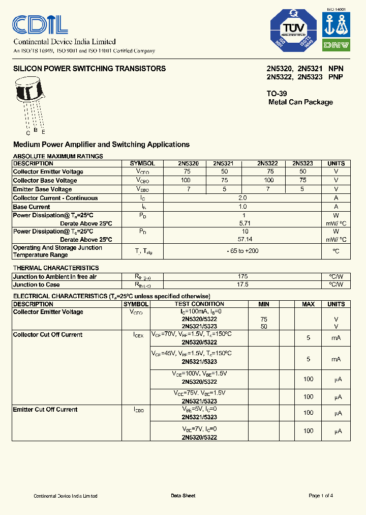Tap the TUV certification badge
point(292,31)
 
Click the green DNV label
point(336,45)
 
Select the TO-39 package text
point(277,94)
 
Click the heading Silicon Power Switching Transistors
point(89,69)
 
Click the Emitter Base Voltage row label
point(42,189)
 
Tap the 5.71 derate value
point(242,223)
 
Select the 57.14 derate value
point(242,239)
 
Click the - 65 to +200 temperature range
point(242,251)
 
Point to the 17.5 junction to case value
point(242,284)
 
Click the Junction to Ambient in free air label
point(54,276)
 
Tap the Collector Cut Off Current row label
point(47,334)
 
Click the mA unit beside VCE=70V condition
point(336,338)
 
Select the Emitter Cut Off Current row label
point(45,409)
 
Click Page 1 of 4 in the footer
point(321,496)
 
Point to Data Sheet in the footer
point(182,496)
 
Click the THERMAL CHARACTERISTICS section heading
point(55,268)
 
